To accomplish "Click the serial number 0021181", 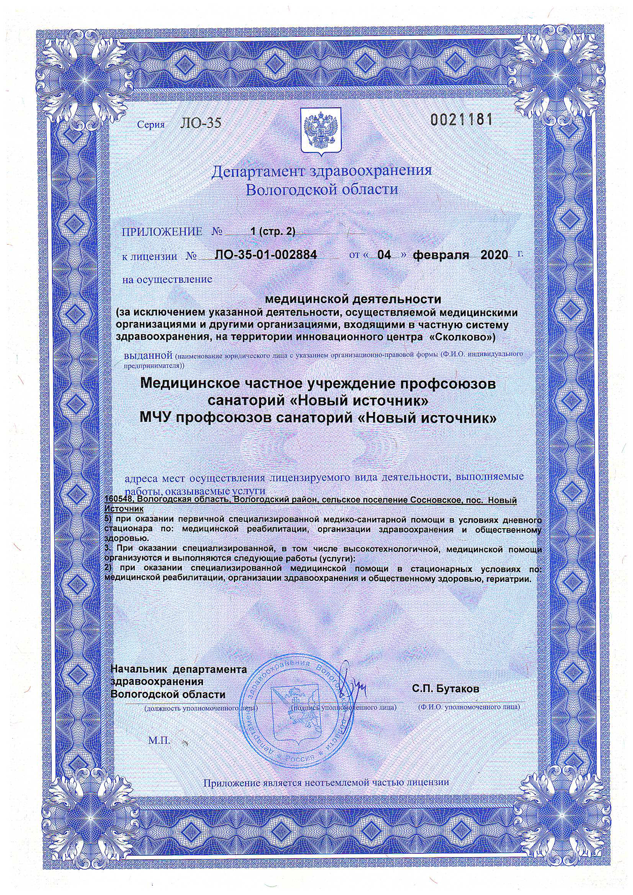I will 461,120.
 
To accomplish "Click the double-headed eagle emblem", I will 321,130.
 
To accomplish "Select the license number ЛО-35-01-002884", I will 265,254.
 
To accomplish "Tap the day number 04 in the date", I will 384,254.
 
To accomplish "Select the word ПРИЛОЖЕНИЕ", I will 162,232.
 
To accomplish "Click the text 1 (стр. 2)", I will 273,231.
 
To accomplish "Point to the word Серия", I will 151,124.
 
